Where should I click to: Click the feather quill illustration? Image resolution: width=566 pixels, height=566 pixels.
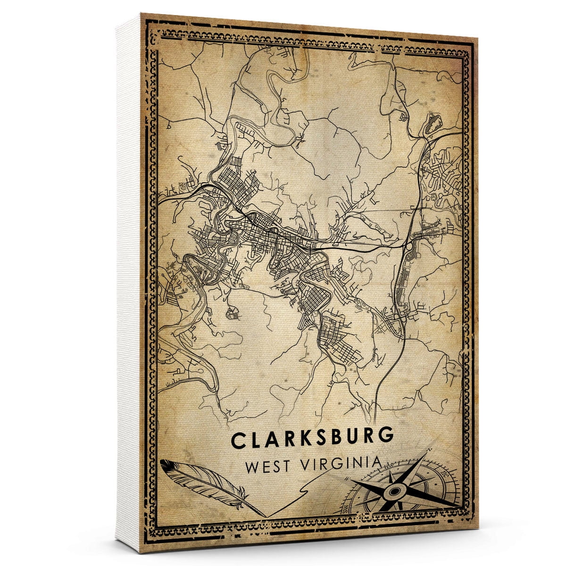203,481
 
